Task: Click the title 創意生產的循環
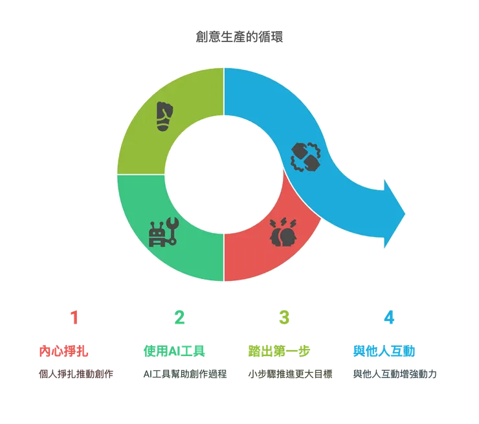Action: [x=240, y=37]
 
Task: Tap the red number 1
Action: [x=74, y=317]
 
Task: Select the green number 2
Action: [x=179, y=317]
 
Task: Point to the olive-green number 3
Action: [x=284, y=317]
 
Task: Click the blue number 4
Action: [x=389, y=317]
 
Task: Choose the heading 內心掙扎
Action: [x=63, y=351]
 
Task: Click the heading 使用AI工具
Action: [x=174, y=351]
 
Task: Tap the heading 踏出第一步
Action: [x=279, y=351]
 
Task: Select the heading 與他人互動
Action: [x=384, y=351]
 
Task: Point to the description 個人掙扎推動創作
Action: [x=76, y=374]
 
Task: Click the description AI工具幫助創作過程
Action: [x=185, y=374]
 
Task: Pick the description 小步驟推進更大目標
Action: [x=290, y=374]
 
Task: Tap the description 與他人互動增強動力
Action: [x=395, y=374]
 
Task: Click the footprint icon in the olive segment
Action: [x=164, y=117]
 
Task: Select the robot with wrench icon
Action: [x=163, y=232]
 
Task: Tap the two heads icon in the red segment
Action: [x=283, y=232]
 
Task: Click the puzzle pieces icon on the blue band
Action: [x=306, y=157]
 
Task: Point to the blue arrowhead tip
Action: [x=405, y=214]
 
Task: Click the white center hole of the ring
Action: [x=224, y=174]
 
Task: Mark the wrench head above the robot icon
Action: [x=173, y=223]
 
